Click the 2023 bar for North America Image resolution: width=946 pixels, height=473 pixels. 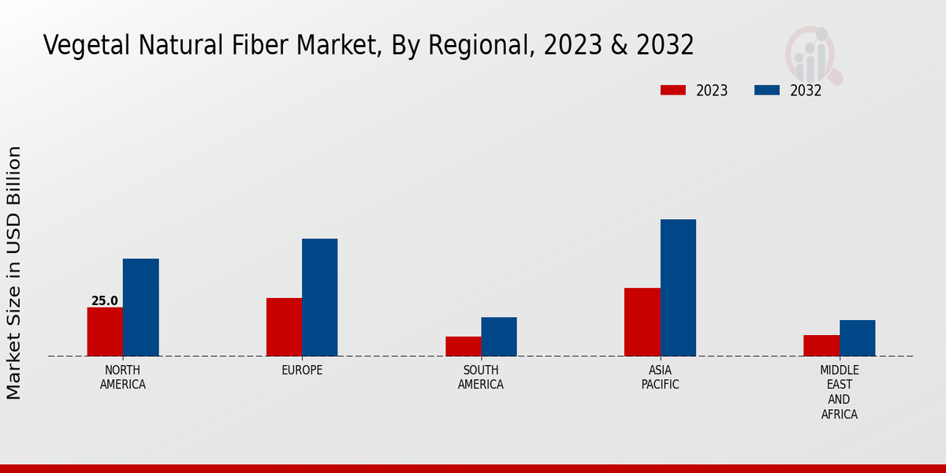click(105, 332)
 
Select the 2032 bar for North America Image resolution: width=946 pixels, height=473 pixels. click(140, 307)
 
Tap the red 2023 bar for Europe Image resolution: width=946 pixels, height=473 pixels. click(284, 327)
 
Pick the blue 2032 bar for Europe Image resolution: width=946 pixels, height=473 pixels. click(319, 297)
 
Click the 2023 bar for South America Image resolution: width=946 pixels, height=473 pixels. click(463, 346)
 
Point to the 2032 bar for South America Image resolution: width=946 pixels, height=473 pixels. click(499, 337)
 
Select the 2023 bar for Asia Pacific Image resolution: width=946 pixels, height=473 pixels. click(642, 322)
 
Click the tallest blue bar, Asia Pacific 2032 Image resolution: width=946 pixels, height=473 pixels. click(678, 288)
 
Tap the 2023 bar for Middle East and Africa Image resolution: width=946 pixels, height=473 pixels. click(821, 345)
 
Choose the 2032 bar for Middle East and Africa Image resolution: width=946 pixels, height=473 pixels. click(857, 338)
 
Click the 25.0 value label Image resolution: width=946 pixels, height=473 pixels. click(105, 301)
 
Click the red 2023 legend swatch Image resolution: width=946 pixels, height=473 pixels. click(672, 90)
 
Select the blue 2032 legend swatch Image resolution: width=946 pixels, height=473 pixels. click(766, 90)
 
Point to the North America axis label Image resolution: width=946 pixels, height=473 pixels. click(123, 378)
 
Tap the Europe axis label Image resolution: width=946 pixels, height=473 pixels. click(302, 371)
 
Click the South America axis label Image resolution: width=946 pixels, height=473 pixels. click(481, 378)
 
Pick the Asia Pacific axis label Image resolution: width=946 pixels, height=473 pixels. click(660, 378)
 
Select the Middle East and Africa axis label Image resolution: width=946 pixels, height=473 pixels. click(839, 392)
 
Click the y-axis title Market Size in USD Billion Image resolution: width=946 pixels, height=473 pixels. click(14, 272)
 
